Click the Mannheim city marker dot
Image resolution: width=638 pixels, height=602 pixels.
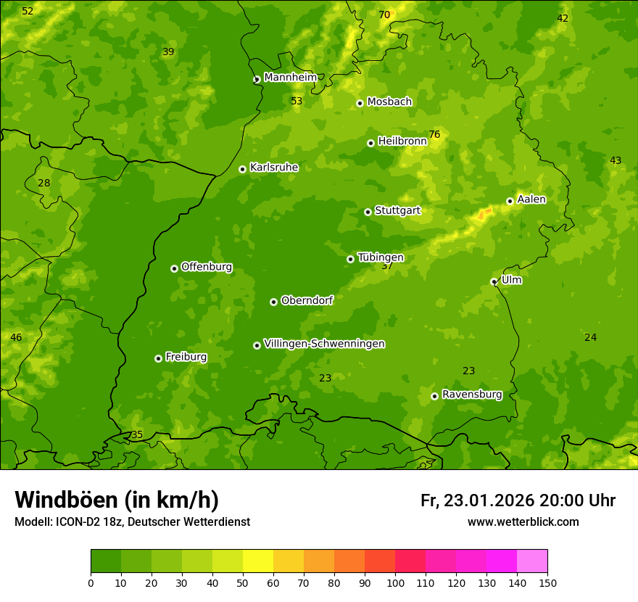point(257,80)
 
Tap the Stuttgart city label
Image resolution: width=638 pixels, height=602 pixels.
point(397,211)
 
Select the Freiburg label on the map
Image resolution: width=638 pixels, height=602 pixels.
point(186,357)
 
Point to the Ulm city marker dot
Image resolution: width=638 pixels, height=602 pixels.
point(494,282)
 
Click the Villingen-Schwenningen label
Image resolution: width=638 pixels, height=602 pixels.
point(324,344)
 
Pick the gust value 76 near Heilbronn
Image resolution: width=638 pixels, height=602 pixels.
point(434,134)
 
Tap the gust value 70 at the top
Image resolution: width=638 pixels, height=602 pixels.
point(384,15)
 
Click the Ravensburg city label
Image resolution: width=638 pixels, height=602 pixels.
point(471,395)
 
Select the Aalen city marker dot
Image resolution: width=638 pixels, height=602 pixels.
point(510,202)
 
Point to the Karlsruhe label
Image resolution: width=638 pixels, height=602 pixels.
point(273,168)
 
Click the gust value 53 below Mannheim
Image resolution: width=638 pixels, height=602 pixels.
point(297,101)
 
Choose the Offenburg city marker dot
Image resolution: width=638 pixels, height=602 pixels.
point(174,268)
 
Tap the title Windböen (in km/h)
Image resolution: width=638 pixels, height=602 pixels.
point(117,500)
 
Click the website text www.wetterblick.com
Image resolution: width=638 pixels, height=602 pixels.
point(523,521)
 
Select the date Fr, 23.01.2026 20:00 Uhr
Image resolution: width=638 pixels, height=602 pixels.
point(518,500)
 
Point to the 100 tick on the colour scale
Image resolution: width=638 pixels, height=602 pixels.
point(395,582)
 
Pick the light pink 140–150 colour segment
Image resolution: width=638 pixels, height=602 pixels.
point(532,561)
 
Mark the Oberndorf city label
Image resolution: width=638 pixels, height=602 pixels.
point(307,300)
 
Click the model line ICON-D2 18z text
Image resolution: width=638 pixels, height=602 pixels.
point(132,521)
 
